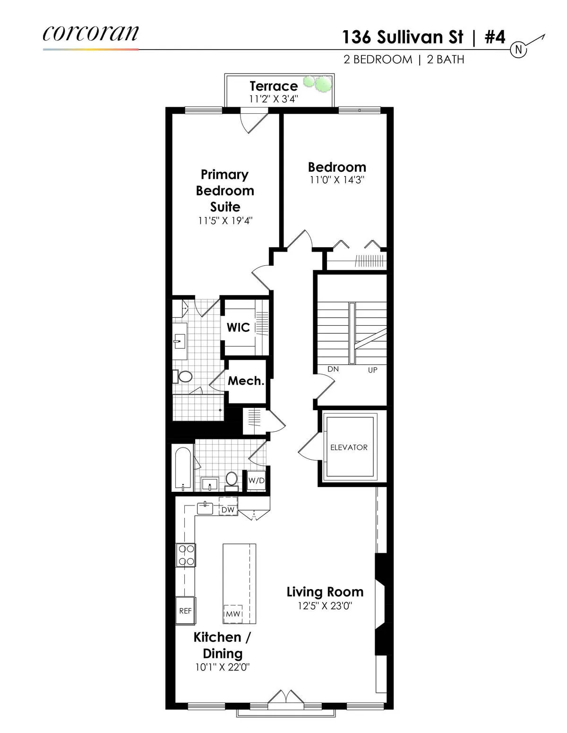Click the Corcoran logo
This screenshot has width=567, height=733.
click(91, 33)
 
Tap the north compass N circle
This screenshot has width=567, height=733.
click(519, 50)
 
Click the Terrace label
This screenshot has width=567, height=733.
click(274, 86)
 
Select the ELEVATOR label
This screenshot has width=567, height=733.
click(349, 447)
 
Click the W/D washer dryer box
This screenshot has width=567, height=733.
click(257, 480)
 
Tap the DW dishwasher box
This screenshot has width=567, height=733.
click(228, 510)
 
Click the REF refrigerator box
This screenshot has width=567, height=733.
click(185, 611)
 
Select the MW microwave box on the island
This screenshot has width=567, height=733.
click(233, 614)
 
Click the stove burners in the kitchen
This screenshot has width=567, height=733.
click(186, 555)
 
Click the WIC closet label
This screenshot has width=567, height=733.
click(238, 327)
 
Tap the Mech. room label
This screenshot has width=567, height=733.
click(246, 381)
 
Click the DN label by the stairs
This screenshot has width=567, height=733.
click(333, 369)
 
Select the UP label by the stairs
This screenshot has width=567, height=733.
click(373, 370)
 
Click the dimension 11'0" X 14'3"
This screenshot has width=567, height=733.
click(337, 180)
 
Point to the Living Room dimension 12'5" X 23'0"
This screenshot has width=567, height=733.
click(325, 606)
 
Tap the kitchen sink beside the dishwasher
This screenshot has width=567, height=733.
click(205, 507)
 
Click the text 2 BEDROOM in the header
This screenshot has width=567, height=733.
click(378, 59)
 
